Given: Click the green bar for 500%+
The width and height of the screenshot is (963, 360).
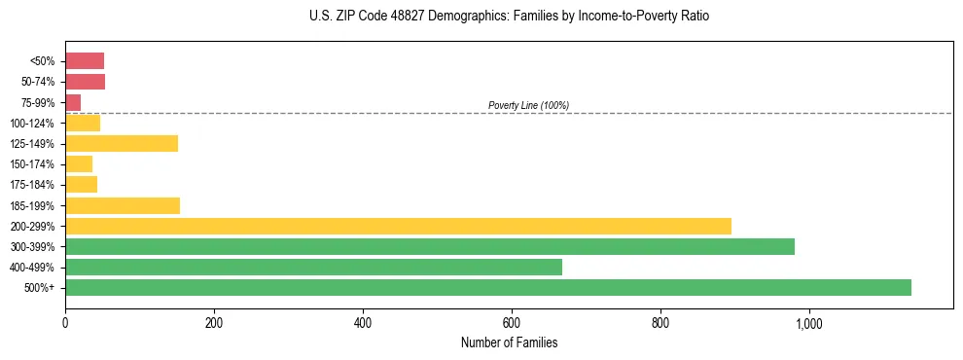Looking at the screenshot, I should (488, 287).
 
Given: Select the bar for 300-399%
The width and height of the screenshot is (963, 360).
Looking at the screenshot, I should (430, 246).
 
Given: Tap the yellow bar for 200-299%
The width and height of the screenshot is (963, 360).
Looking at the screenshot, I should (398, 226).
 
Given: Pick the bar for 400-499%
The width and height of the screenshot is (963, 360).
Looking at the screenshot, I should (313, 267).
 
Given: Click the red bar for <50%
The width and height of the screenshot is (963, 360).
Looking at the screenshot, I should (85, 61).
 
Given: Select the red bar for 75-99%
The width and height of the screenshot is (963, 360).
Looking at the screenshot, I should (73, 102).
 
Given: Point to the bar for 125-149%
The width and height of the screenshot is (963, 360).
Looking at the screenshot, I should (122, 144).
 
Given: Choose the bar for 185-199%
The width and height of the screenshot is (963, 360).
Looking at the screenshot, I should (123, 205).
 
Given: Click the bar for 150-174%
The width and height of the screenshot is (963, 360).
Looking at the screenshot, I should (79, 164).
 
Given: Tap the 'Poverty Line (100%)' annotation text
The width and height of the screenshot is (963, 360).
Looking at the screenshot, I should (528, 105).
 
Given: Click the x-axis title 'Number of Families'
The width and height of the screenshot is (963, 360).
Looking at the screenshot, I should (509, 342).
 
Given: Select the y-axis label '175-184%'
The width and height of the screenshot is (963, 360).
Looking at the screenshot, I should (35, 185).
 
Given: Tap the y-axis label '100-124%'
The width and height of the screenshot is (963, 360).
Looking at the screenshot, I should (35, 124).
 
